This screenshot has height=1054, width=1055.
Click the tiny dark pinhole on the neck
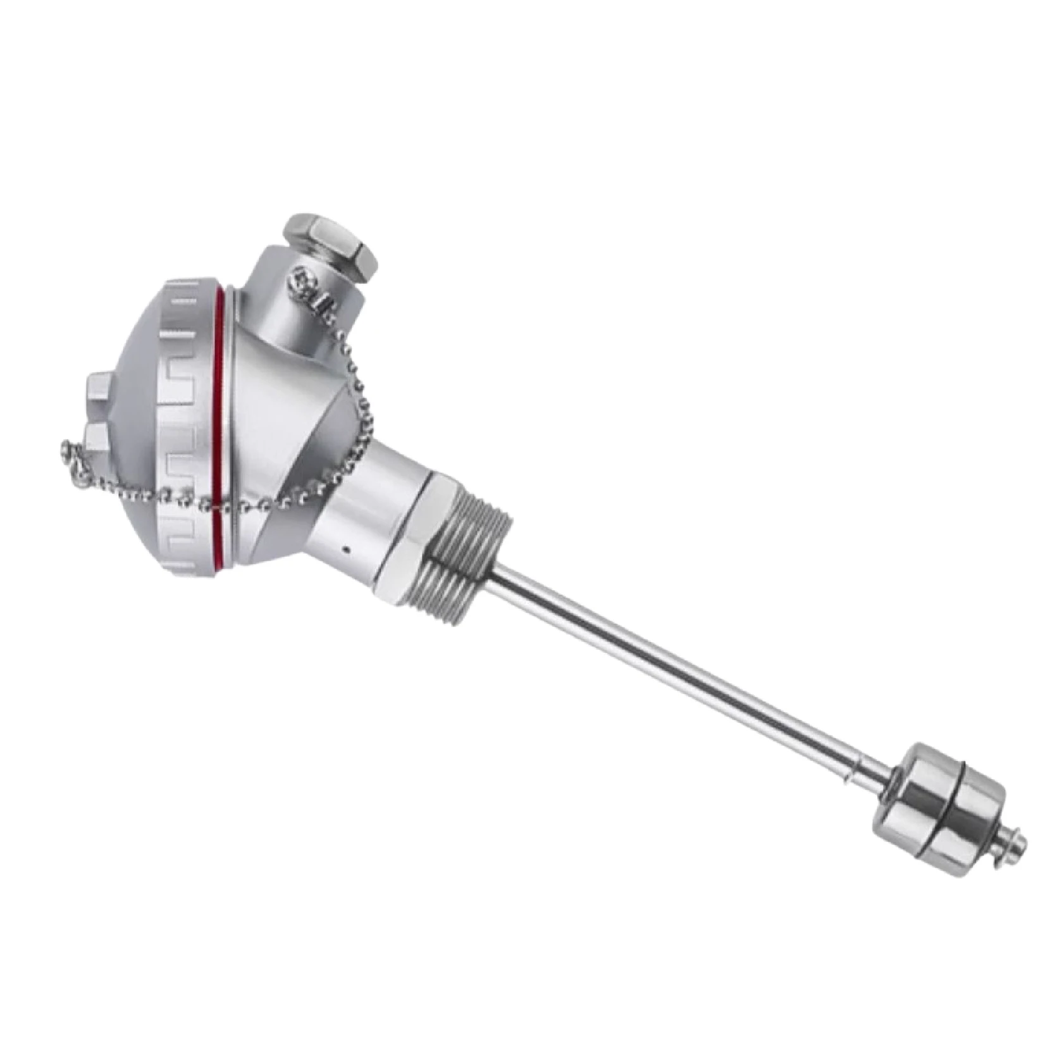pos(346,549)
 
